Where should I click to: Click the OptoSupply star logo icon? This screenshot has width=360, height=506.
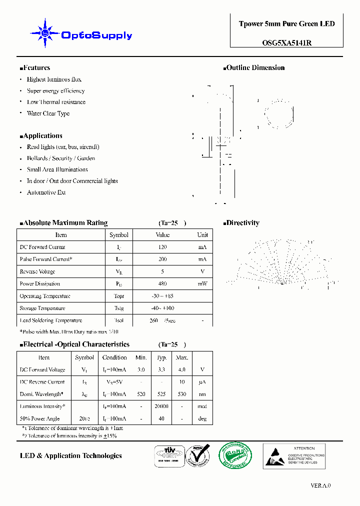click(x=45, y=33)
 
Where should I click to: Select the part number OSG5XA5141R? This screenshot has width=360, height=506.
click(x=287, y=43)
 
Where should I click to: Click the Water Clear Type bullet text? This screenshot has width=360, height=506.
click(x=48, y=113)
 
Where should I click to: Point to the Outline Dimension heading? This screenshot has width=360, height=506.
click(x=255, y=68)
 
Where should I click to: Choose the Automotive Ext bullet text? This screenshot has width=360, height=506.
click(x=46, y=192)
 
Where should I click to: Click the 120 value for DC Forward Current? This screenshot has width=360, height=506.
click(x=162, y=247)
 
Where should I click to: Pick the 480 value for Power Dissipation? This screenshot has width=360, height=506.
click(x=162, y=284)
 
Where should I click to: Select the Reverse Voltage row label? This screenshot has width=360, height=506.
click(x=37, y=272)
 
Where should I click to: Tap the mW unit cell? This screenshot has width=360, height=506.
click(x=202, y=284)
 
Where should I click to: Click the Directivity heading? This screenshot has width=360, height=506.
click(x=242, y=223)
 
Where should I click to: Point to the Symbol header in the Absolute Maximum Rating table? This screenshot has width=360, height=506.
click(x=119, y=235)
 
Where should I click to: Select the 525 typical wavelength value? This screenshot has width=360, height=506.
click(x=161, y=394)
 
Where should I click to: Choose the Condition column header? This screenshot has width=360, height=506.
click(x=114, y=357)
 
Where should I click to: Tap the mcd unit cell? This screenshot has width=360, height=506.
click(x=202, y=406)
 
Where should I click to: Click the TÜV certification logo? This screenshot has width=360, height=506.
click(x=168, y=455)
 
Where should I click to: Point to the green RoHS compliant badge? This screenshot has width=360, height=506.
click(x=235, y=455)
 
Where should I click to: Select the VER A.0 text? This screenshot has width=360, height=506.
click(x=320, y=485)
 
